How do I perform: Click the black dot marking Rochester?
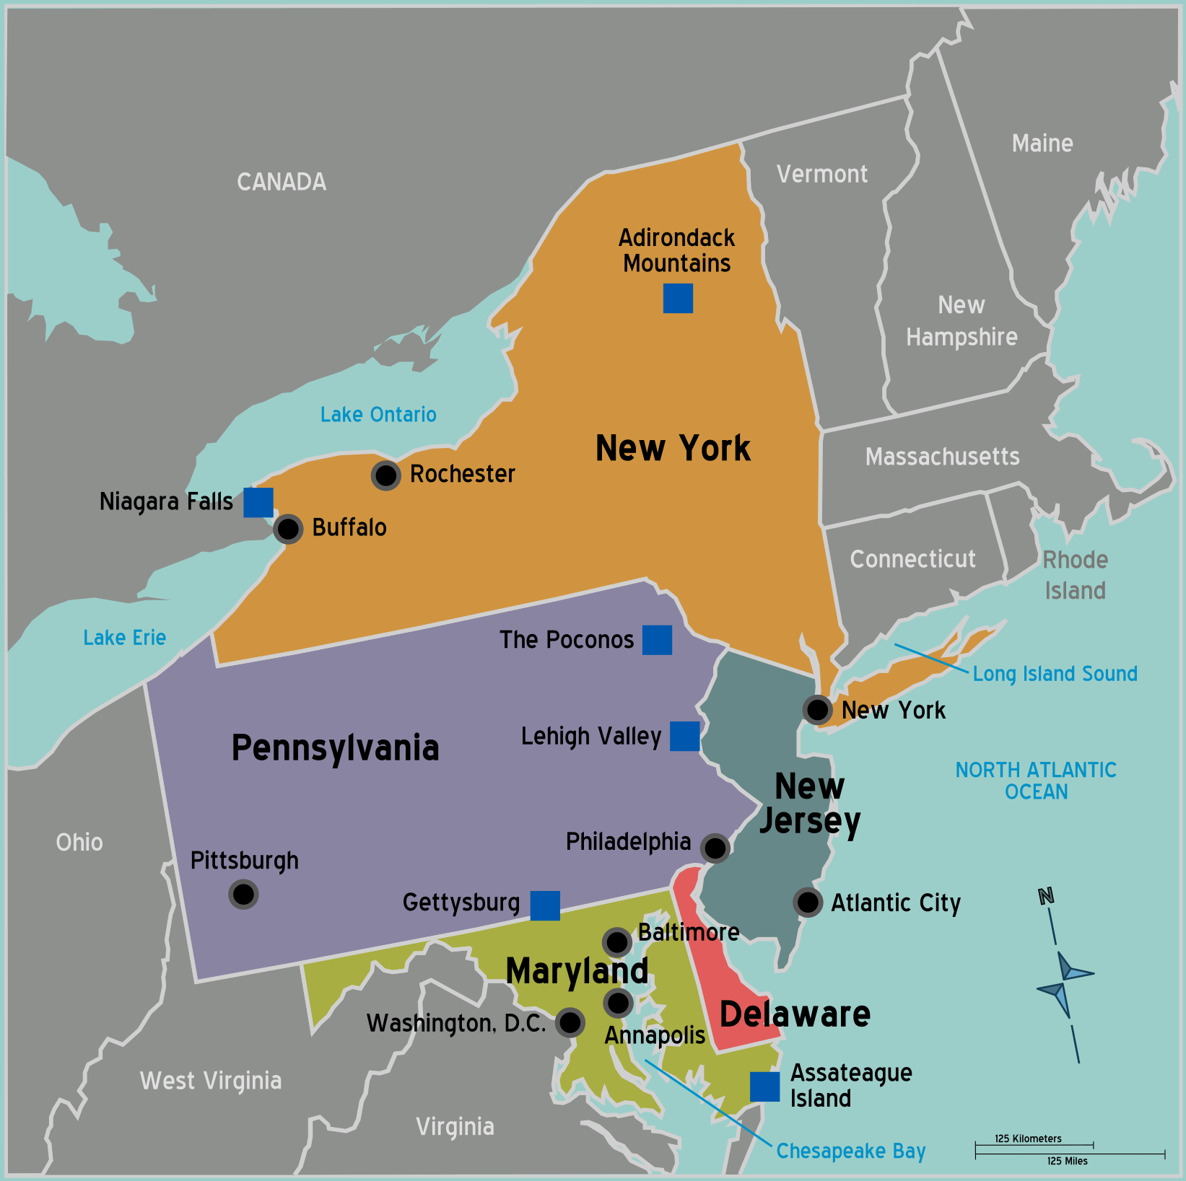coord(386,475)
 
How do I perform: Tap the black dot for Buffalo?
coord(288,529)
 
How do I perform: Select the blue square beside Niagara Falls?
coord(258,502)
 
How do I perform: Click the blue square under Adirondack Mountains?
coord(678,298)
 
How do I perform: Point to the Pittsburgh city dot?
coord(243,895)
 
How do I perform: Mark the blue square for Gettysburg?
coord(545,905)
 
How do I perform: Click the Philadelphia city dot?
coord(715,848)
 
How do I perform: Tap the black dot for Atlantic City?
coord(808,902)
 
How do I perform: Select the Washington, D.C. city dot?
coord(570,1022)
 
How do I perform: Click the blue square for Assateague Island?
coord(764,1086)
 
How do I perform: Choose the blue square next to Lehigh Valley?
coord(684,736)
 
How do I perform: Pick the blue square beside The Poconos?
coord(657,640)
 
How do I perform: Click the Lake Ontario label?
coord(378,415)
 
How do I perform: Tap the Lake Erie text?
coord(124,638)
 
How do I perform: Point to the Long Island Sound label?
coord(1055,674)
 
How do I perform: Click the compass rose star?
coord(1064,981)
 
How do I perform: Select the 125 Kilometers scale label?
coord(1028,1138)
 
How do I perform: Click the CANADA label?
coord(282,182)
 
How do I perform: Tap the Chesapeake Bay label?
coord(850,1151)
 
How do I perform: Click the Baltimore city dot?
coord(617,941)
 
